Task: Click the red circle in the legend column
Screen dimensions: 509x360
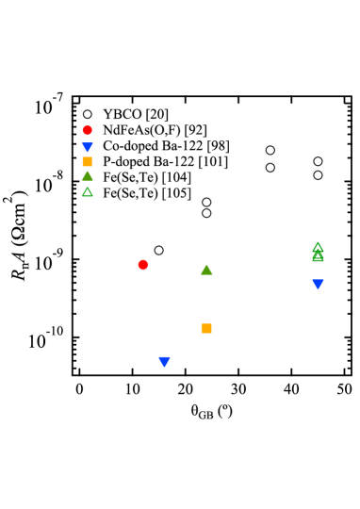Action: click(88, 130)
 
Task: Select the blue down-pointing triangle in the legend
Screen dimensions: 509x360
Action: click(88, 147)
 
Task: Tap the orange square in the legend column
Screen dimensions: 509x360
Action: click(88, 161)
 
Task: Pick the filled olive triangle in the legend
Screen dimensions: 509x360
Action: click(88, 175)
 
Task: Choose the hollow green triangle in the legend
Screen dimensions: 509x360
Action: click(88, 192)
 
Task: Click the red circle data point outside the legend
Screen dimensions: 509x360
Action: click(143, 265)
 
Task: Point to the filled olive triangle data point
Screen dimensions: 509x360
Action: click(206, 271)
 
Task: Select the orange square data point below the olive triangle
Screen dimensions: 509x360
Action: click(206, 328)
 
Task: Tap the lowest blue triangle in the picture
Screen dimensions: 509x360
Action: click(165, 361)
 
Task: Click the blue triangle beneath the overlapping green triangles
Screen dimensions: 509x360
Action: click(318, 284)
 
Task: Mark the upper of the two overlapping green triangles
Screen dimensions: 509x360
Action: click(318, 247)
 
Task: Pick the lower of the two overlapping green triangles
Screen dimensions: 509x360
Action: click(318, 256)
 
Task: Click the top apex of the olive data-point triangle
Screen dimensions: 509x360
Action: click(206, 265)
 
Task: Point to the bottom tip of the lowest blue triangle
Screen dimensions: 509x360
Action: click(165, 367)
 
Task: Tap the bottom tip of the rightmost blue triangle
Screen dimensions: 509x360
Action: click(318, 289)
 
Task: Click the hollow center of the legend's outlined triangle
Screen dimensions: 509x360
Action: click(88, 193)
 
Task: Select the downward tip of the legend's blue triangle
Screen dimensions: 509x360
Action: click(88, 153)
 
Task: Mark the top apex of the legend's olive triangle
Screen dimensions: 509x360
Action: click(88, 171)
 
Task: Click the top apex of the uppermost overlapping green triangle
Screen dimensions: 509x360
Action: click(318, 241)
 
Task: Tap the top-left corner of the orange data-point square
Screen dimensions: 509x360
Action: click(201, 323)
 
